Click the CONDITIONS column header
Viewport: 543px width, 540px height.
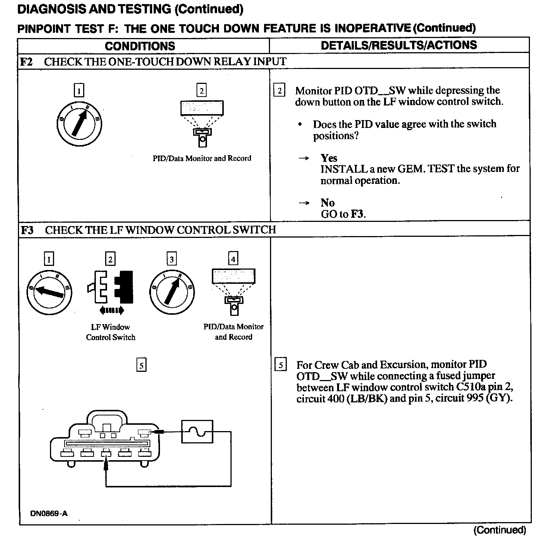tap(140, 46)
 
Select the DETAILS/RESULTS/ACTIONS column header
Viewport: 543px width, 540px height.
tap(399, 45)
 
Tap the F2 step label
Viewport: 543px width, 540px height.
tap(26, 62)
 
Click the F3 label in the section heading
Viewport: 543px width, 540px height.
tap(27, 230)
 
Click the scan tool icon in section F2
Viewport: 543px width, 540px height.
tap(202, 123)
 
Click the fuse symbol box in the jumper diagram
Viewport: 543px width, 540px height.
tap(197, 431)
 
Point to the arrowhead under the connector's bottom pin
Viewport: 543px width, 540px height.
tap(106, 464)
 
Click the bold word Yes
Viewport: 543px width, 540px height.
tap(329, 158)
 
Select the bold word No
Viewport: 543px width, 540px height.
tap(327, 203)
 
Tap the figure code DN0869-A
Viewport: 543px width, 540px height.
tap(49, 514)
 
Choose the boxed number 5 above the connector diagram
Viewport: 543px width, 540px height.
tap(141, 365)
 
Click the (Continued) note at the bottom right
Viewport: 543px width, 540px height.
tap(499, 530)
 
